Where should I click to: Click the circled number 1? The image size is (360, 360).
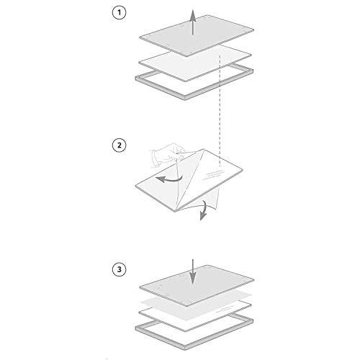coord(120,12)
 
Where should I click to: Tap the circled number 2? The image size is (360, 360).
coord(120,145)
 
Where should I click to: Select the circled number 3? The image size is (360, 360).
coord(120,269)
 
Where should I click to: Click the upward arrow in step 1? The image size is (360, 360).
coord(192,22)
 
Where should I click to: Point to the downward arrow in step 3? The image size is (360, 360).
coord(192,271)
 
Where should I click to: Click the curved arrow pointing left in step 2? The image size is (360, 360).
coord(168,179)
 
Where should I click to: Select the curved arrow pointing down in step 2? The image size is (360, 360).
coord(204,210)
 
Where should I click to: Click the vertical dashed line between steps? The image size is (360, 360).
coord(220,110)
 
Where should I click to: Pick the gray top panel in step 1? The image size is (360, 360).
coord(197,35)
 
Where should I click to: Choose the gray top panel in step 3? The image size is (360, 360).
coord(197,285)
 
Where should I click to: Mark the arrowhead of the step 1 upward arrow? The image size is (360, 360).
coord(192,14)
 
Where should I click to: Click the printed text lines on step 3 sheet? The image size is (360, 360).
coord(225,310)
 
